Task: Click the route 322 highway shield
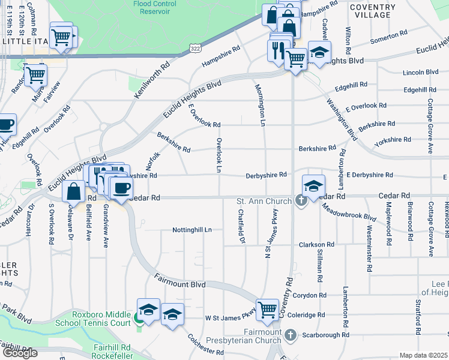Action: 196,47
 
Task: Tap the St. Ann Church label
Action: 264,201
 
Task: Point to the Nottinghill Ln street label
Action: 192,230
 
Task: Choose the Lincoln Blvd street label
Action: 421,72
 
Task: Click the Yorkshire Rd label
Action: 392,140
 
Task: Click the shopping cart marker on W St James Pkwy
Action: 268,310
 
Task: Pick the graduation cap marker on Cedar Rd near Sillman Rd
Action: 313,185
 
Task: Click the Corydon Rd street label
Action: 309,295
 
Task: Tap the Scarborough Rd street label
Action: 328,335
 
